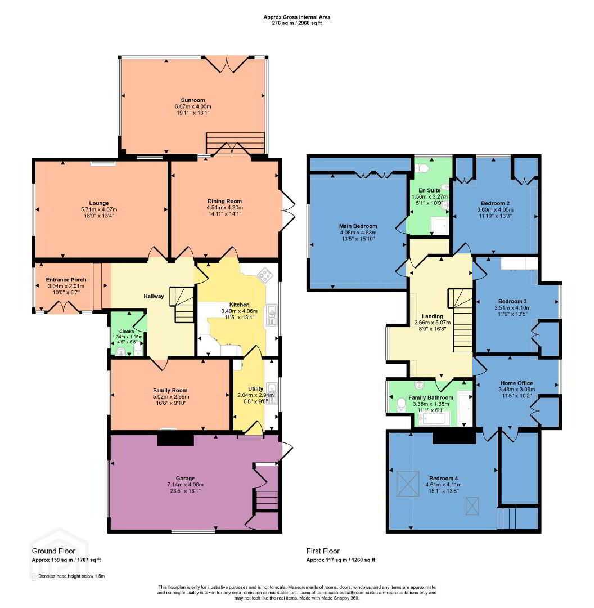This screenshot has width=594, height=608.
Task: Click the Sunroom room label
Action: [x=192, y=100]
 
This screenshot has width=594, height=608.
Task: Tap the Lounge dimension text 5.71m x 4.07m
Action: [x=99, y=209]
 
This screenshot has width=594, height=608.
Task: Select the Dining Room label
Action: [x=225, y=201]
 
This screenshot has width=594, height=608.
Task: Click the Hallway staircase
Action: [x=182, y=305]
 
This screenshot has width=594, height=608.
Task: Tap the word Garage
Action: [x=185, y=479]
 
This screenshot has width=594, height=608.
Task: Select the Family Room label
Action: [x=170, y=391]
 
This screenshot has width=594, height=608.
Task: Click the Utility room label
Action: [x=255, y=388]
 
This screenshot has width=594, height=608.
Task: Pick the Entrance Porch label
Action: [x=66, y=280]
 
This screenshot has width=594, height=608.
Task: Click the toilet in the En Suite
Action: [x=421, y=168]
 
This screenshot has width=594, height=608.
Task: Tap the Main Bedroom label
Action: [x=358, y=226]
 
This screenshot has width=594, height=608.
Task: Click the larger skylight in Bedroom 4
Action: [x=408, y=484]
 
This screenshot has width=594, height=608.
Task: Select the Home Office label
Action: [x=517, y=383]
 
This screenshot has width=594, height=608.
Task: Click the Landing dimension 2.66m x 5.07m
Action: [x=433, y=323]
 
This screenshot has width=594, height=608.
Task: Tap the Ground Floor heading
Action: [x=53, y=551]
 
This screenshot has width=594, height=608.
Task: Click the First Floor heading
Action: [x=323, y=551]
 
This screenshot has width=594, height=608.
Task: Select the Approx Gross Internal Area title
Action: [x=297, y=17]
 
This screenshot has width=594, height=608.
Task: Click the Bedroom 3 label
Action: [x=512, y=301]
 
